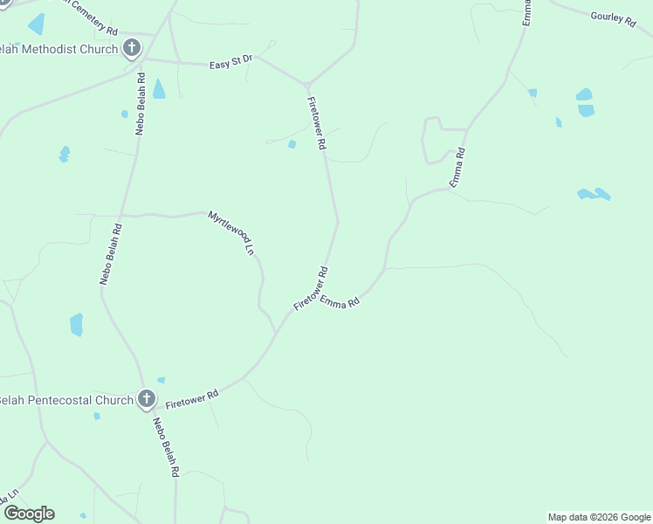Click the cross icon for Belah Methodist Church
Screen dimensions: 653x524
[132, 49]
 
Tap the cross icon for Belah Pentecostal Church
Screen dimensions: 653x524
[147, 400]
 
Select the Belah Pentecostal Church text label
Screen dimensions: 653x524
[66, 400]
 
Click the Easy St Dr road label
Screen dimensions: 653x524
[230, 62]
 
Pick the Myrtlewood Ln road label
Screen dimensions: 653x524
[230, 232]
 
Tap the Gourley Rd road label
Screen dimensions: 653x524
[613, 17]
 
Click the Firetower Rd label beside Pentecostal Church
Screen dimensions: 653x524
[191, 399]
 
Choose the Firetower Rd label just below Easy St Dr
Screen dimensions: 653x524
[316, 123]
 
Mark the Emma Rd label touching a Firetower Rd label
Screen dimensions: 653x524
[340, 302]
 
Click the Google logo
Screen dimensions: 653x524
[29, 514]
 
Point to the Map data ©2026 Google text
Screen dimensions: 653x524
[599, 517]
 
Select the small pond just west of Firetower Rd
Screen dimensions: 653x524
[292, 144]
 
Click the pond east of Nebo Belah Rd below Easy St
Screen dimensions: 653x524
[159, 89]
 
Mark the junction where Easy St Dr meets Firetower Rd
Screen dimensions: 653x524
[306, 85]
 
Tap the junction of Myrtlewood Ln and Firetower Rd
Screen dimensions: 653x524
[277, 333]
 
